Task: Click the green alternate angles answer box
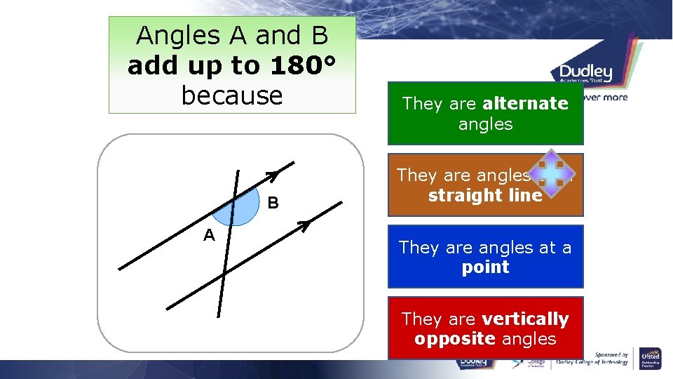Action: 485,114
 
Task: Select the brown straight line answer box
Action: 485,185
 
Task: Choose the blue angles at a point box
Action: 485,256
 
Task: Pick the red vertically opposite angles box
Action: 485,328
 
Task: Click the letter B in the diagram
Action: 273,204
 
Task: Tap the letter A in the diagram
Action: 209,235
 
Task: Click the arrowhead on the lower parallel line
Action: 304,225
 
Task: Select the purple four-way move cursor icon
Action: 552,173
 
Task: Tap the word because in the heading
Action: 232,95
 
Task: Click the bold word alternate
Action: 525,103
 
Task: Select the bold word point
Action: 485,267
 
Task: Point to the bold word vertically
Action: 525,319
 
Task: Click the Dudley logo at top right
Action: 585,72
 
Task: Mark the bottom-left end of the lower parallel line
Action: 168,307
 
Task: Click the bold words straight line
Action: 485,195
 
